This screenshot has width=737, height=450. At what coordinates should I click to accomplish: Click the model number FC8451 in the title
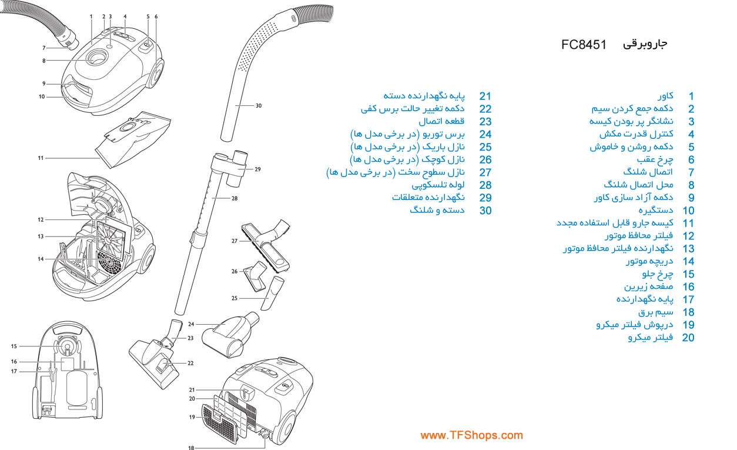[584, 45]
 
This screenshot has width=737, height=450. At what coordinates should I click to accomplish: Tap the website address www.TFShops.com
[471, 435]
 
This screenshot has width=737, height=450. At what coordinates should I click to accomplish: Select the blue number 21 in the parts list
[485, 96]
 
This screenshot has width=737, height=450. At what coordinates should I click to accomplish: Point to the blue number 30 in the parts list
[485, 211]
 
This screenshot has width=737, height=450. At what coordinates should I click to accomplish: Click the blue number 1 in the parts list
[691, 96]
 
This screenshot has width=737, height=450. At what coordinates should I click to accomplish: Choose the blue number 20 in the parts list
[688, 338]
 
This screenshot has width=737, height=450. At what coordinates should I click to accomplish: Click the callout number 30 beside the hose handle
[259, 106]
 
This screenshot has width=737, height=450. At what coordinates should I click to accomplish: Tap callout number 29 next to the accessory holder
[257, 169]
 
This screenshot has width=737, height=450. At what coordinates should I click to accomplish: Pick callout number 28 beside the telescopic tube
[235, 198]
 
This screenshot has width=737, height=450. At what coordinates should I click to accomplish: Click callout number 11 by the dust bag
[41, 158]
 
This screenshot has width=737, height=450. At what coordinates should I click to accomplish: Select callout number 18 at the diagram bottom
[191, 448]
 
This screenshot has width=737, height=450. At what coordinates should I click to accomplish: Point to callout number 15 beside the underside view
[14, 346]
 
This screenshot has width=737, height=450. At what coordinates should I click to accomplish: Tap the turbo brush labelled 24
[230, 335]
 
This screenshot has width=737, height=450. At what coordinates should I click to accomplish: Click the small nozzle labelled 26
[256, 276]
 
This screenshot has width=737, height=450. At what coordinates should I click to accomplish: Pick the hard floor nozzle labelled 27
[266, 245]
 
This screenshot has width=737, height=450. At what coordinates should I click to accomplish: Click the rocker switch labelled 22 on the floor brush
[163, 365]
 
